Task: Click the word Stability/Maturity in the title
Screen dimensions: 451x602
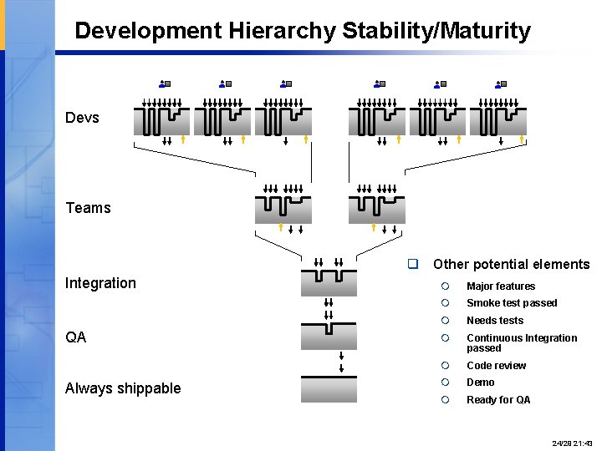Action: (436, 32)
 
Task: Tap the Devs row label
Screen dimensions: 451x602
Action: (82, 118)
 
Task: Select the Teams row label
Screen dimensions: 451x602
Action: (88, 208)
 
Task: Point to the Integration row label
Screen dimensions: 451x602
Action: (100, 283)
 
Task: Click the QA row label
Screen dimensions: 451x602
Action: (75, 337)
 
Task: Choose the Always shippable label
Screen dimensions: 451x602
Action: (123, 388)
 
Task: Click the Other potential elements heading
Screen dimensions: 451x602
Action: (511, 265)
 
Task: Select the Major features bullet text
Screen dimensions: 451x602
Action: (500, 286)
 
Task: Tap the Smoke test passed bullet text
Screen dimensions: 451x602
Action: (511, 303)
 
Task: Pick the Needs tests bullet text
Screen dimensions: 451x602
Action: (494, 321)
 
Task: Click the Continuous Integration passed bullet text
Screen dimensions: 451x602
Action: (521, 342)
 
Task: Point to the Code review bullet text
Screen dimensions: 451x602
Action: (496, 366)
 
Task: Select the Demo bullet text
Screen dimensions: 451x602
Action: (480, 383)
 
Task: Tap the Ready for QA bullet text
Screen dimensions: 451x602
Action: (497, 400)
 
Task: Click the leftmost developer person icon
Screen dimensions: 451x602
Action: (164, 84)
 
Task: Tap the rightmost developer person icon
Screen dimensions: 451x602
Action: (500, 84)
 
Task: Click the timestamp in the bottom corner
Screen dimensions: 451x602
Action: (572, 442)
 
